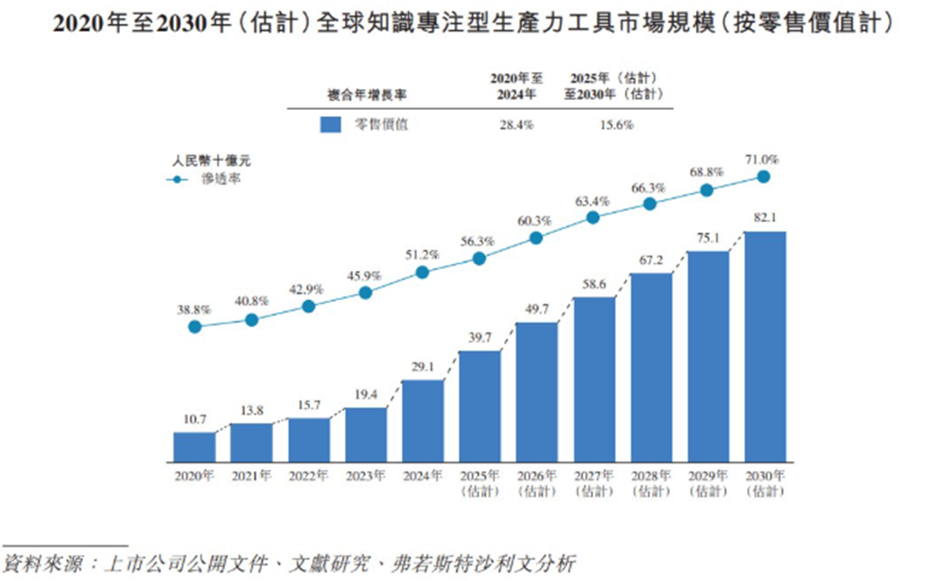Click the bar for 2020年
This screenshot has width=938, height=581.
(x=195, y=446)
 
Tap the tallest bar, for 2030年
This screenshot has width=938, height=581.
(x=764, y=346)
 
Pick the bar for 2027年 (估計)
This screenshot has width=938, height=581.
(x=593, y=378)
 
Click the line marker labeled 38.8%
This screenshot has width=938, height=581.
(x=195, y=326)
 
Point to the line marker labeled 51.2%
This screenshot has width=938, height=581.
(x=422, y=272)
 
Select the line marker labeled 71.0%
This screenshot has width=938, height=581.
(x=764, y=177)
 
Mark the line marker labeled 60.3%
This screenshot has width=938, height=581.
(x=536, y=237)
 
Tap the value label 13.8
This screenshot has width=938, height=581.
(x=251, y=411)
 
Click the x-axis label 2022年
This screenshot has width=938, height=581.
(x=308, y=476)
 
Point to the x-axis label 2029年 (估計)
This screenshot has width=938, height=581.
(x=707, y=483)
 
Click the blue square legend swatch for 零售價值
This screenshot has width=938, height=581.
(x=330, y=125)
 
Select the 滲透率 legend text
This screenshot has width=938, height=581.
(x=222, y=180)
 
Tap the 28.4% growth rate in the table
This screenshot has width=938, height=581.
(x=516, y=125)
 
